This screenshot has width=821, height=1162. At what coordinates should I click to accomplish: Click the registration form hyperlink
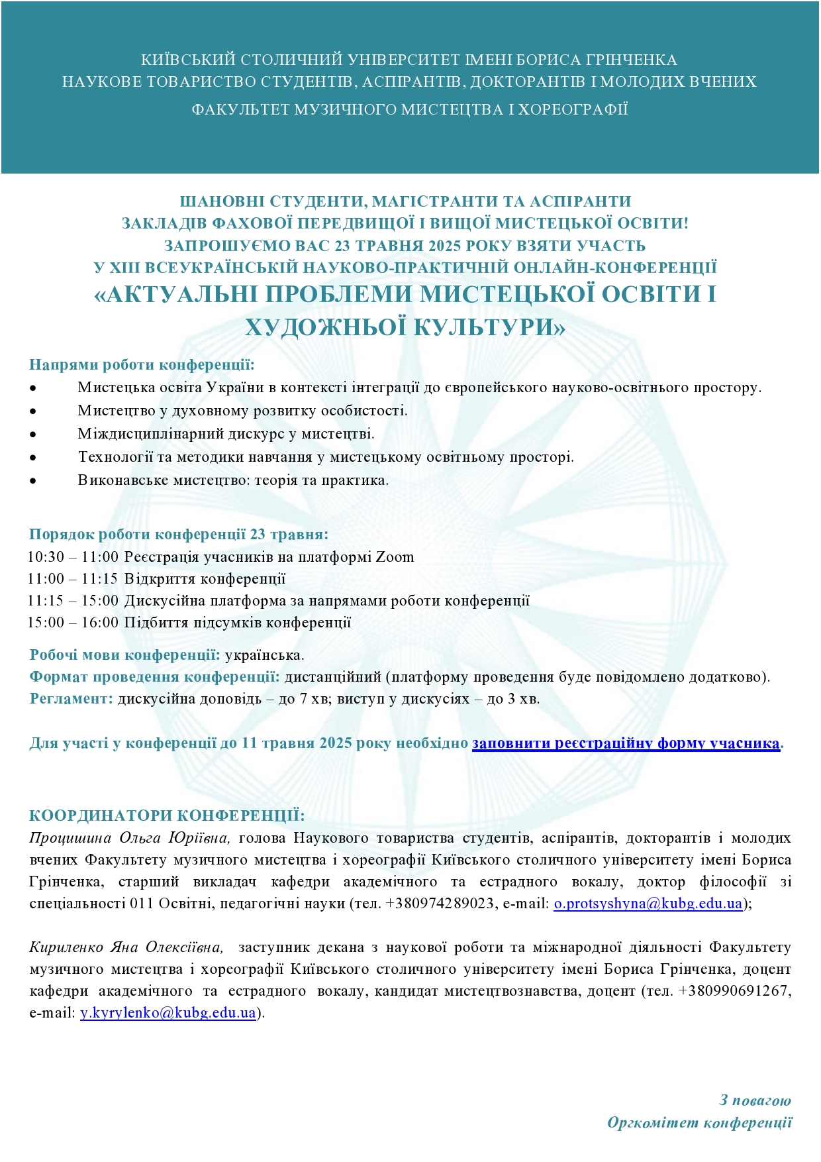[626, 743]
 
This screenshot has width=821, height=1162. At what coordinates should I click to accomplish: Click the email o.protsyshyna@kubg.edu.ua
[648, 904]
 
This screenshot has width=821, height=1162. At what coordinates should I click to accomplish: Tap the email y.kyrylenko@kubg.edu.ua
[168, 1013]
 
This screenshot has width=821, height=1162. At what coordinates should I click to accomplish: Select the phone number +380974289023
[439, 904]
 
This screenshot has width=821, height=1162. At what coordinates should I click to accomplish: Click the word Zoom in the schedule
[395, 557]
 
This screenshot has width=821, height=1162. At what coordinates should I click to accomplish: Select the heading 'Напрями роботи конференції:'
[142, 365]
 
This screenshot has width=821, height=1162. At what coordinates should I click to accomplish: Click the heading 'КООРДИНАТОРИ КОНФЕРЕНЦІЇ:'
[167, 816]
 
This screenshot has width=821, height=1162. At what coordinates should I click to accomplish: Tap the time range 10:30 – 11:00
[73, 557]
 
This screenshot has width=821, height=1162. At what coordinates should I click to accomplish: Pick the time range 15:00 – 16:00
[73, 623]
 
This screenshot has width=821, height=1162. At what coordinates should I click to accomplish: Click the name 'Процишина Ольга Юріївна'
[130, 838]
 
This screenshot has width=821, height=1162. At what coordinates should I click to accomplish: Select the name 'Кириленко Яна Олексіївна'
[126, 947]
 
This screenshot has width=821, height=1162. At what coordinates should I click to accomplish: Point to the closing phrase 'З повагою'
[755, 1100]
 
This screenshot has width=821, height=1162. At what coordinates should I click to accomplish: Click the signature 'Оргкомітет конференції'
[699, 1123]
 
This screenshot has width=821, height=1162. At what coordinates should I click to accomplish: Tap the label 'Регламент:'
[72, 699]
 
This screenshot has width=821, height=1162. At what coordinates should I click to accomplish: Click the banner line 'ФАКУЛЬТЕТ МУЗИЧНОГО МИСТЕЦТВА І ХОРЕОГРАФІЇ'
[410, 109]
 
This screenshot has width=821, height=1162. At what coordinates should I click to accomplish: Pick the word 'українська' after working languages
[264, 655]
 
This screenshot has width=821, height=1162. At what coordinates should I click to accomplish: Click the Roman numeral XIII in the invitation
[124, 268]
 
